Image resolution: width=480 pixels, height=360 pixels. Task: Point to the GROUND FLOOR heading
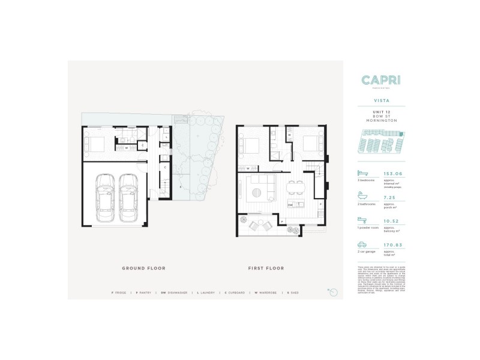pos(143,268)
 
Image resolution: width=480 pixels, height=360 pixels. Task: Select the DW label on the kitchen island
pos(290,205)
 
